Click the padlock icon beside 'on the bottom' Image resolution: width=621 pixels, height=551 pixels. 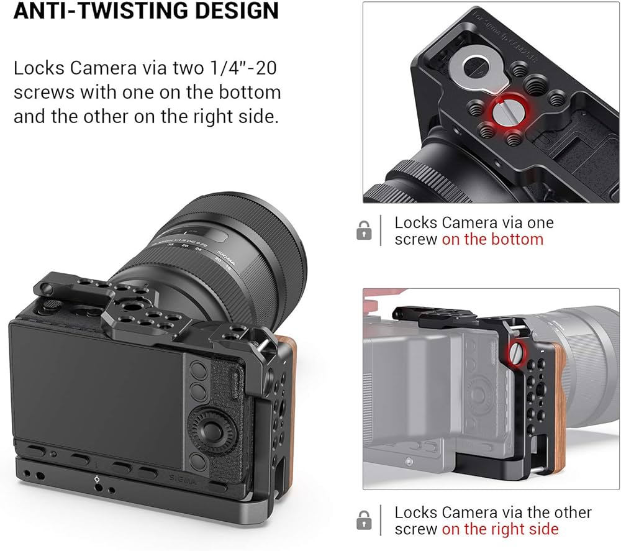click(x=364, y=231)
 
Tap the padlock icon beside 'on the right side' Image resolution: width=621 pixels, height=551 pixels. click(x=364, y=521)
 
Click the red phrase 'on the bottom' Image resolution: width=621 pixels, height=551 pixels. click(x=492, y=239)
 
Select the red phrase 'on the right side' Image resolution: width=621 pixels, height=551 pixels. click(x=500, y=529)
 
